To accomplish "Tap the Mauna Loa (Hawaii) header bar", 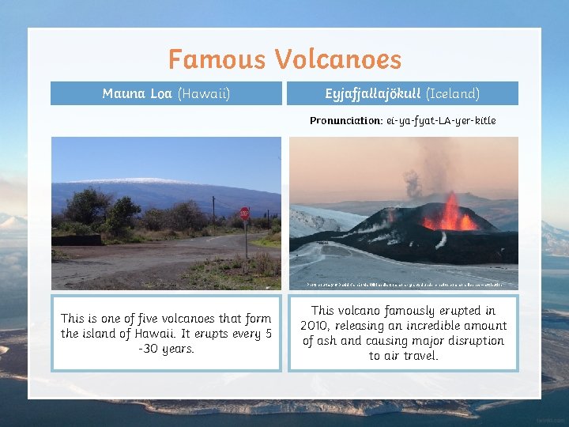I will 166,93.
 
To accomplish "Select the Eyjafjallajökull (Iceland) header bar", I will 403,93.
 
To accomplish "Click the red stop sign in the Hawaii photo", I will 244,213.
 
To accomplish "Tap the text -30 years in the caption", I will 166,349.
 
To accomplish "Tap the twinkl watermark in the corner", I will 550,419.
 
